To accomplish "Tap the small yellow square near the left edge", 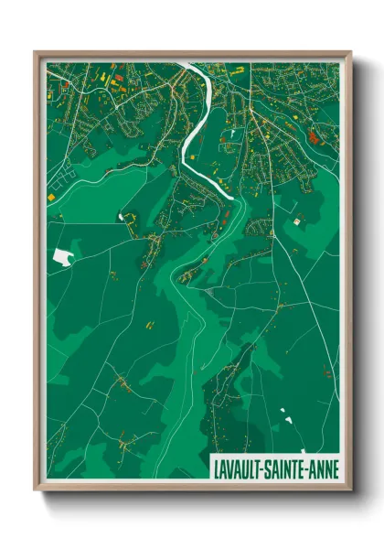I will point(51,195).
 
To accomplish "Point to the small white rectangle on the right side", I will point(297,220).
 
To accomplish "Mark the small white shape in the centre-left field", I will point(121,217).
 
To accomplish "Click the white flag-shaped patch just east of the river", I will point(234,134).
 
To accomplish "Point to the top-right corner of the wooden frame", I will point(351,52).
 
